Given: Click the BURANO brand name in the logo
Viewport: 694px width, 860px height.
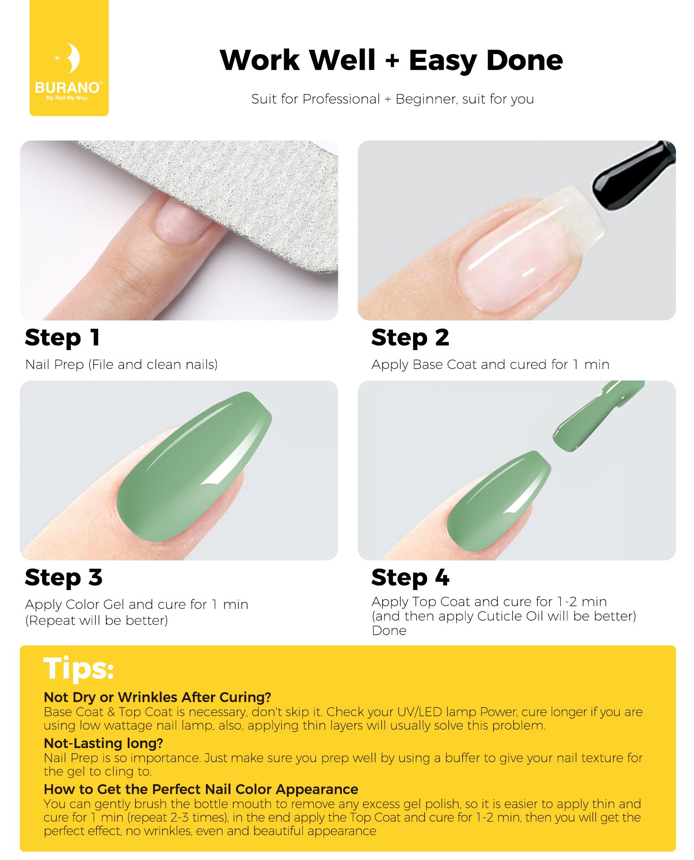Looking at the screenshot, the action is coord(68,87).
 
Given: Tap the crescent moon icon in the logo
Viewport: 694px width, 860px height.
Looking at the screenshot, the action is coord(73,58).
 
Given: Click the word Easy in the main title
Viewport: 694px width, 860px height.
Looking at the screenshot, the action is coord(442,61).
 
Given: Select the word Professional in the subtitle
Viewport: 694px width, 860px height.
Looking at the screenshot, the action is coord(341,99).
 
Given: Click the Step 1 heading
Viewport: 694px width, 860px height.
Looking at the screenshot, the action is coord(62,338).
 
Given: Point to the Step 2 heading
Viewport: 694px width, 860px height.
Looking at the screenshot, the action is coord(410,338).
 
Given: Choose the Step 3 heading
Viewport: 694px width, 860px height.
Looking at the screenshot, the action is coord(64,577).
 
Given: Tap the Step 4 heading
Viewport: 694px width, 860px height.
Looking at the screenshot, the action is coord(410,577).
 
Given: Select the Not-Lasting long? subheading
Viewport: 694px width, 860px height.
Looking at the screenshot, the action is coord(104,743).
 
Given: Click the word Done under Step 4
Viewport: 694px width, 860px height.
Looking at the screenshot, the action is coord(389,631).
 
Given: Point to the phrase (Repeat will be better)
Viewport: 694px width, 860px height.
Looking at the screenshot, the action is coord(97,620).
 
